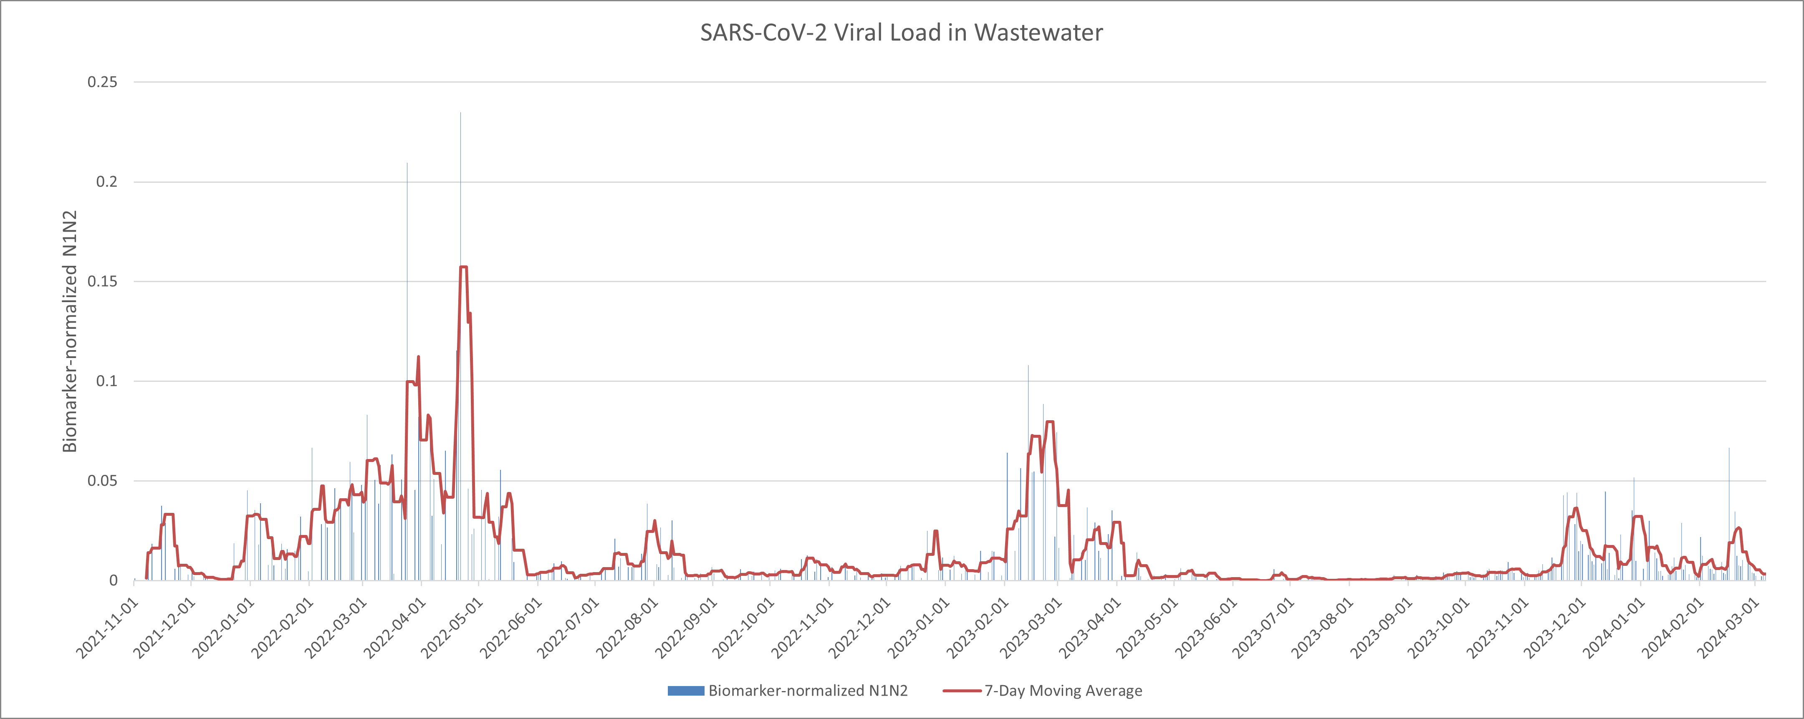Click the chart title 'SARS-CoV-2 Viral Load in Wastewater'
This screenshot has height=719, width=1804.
click(901, 33)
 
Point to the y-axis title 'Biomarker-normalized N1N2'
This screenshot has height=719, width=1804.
click(69, 331)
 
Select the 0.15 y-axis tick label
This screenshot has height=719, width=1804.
click(102, 281)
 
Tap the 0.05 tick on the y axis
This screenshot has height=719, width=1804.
click(102, 481)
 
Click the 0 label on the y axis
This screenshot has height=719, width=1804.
click(113, 580)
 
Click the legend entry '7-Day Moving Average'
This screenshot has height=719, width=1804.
click(1063, 691)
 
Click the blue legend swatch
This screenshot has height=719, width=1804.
click(686, 691)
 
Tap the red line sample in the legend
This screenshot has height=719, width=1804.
click(962, 691)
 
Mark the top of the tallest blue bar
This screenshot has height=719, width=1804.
click(460, 114)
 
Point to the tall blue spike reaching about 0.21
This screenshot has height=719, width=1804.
click(407, 164)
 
